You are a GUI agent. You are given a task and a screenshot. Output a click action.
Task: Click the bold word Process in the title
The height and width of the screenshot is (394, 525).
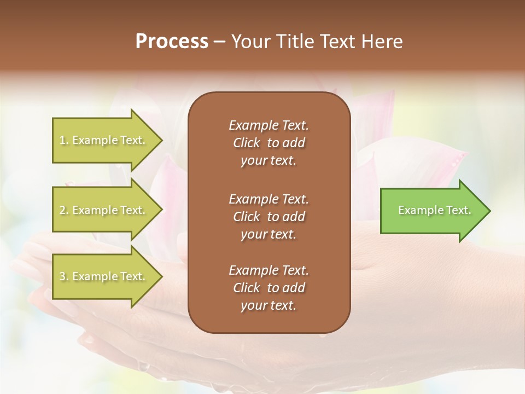172,42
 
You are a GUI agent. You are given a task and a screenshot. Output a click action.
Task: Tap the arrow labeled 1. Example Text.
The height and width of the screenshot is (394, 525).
104,140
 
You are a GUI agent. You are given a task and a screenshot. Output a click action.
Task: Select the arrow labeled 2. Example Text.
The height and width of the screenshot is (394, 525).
104,210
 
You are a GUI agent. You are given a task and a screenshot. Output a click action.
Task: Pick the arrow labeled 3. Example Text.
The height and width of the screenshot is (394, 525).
104,276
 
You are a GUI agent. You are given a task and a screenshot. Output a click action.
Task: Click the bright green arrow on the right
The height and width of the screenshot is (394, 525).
432,211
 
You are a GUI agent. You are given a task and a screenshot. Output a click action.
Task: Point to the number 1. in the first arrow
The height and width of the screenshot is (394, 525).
64,140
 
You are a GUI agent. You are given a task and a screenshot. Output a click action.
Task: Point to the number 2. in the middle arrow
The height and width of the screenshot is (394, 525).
64,210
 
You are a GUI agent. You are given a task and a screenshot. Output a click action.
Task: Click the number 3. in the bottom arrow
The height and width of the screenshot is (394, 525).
64,276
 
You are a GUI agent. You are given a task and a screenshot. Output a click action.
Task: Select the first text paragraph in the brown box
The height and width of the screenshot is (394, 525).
269,143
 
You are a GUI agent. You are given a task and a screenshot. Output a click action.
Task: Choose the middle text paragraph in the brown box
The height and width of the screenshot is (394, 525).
269,217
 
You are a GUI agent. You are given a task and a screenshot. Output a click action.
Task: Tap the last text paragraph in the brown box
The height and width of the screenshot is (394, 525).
269,288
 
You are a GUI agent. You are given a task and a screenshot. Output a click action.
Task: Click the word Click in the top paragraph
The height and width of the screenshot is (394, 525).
247,143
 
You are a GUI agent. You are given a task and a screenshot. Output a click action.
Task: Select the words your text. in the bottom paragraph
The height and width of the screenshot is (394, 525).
269,306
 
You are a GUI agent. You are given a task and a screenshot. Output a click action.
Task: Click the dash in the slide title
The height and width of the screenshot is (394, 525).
220,42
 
